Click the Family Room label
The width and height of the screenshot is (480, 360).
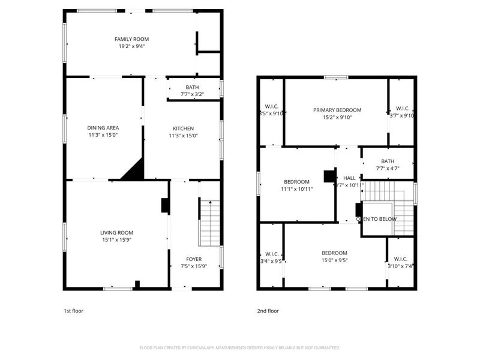click(131, 39)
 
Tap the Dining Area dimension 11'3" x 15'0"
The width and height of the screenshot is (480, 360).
click(103, 136)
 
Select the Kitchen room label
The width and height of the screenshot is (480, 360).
click(183, 128)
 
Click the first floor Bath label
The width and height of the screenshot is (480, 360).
click(192, 88)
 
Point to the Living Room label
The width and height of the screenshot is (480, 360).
click(116, 232)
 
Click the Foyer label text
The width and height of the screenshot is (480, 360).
click(194, 259)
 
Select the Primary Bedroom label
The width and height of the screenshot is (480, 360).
click(337, 110)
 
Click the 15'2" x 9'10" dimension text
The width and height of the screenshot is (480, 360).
click(337, 118)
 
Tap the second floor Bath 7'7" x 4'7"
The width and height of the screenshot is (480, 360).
click(388, 165)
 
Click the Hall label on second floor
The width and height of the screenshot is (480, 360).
click(349, 178)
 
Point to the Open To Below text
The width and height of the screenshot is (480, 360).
click(376, 219)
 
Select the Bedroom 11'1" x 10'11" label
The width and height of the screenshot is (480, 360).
click(296, 182)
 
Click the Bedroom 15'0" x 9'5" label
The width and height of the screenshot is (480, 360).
click(334, 253)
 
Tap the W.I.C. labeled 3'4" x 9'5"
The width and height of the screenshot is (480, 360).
click(271, 257)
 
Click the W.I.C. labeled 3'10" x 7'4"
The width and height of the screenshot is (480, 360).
click(401, 262)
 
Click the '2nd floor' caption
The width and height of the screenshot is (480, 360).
click(268, 311)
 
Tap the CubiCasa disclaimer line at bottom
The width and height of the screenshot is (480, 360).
click(240, 347)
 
